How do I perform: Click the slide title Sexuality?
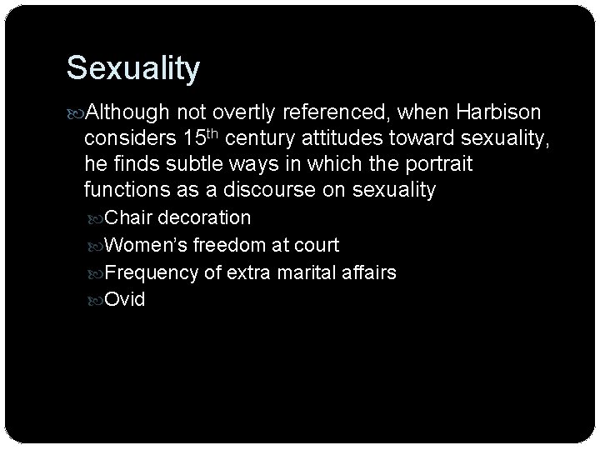[132, 68]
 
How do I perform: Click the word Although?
[130, 113]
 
